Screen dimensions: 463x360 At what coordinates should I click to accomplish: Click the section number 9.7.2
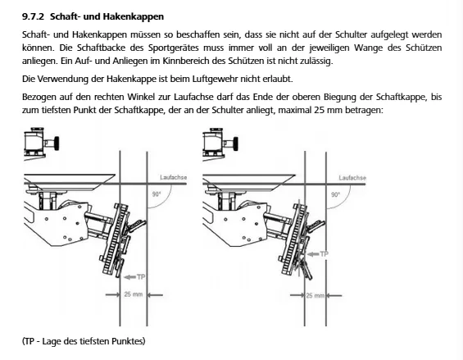click(33, 16)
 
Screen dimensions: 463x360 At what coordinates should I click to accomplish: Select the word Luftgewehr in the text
click(216, 79)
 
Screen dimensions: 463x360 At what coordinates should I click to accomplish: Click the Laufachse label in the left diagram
click(174, 177)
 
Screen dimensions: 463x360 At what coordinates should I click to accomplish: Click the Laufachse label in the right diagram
click(352, 178)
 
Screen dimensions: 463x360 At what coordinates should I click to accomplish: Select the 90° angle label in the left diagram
click(157, 194)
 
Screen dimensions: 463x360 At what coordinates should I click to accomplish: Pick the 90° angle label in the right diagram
click(335, 195)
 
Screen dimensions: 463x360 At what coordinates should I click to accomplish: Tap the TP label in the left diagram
click(141, 277)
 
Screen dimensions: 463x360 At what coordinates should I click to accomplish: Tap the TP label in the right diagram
click(325, 254)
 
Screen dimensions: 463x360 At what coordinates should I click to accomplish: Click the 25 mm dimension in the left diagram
click(134, 294)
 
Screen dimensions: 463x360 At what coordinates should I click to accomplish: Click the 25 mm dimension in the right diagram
click(315, 295)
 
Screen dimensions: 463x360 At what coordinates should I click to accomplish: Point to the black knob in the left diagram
click(56, 144)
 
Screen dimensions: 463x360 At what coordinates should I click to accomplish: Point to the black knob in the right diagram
click(235, 144)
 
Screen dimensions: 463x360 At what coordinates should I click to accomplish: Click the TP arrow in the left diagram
click(130, 277)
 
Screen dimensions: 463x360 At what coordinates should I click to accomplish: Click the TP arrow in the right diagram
click(313, 254)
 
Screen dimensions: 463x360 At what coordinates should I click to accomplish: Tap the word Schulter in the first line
click(351, 34)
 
